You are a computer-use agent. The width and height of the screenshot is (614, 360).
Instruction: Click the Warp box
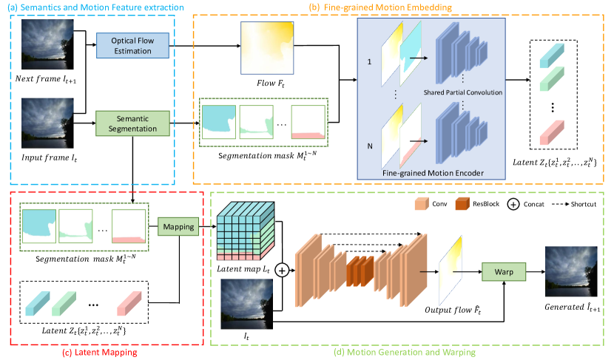[503, 271]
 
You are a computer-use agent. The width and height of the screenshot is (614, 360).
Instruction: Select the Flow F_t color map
[266, 47]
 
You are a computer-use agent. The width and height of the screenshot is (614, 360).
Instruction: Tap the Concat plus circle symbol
[282, 271]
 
